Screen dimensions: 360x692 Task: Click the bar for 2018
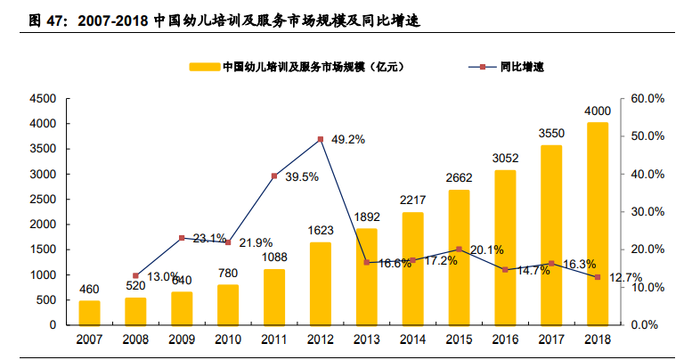(598, 224)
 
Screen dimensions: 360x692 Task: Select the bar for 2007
(89, 313)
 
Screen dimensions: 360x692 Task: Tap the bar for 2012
(321, 283)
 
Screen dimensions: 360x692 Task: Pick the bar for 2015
(459, 258)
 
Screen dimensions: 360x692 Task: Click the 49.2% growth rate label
(348, 140)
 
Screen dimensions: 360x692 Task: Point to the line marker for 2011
(274, 176)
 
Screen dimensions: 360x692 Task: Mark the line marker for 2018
(598, 277)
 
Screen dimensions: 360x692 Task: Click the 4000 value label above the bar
(598, 110)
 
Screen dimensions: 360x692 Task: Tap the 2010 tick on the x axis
(228, 340)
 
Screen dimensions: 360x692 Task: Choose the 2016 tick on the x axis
(505, 340)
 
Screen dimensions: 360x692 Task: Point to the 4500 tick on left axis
(43, 98)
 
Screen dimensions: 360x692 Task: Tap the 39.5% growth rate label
(303, 176)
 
